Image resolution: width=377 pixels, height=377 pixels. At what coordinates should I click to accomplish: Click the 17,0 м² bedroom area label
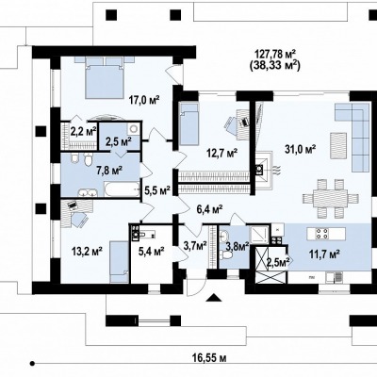point(144,100)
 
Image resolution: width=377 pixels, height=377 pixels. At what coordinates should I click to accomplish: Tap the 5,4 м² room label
point(152,251)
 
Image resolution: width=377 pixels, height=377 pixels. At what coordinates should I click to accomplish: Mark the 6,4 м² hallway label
point(210,208)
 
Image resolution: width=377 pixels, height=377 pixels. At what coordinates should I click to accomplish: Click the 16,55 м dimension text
point(209,357)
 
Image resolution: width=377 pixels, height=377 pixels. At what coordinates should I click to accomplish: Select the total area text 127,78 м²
point(275,54)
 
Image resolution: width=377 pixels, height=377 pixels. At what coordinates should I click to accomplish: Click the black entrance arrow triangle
point(214,297)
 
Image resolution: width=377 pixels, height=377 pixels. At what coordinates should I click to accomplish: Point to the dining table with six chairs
point(331,199)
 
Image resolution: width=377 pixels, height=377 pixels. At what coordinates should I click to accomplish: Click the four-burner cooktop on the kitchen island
point(322,233)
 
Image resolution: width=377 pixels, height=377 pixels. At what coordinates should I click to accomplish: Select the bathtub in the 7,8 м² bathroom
point(122,189)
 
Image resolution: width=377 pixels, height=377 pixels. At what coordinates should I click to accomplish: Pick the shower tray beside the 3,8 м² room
point(259,234)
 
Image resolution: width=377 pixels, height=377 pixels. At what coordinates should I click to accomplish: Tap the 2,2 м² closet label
point(83,131)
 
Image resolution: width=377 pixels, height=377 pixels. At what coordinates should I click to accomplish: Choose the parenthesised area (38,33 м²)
point(274,65)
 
